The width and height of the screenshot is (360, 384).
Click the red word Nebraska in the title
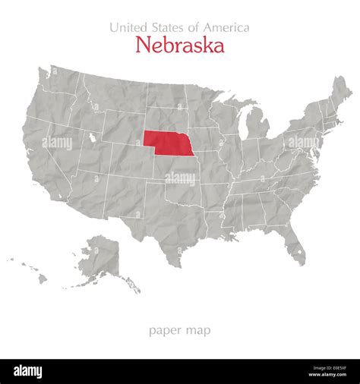coord(179,46)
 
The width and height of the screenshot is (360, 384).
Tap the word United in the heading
coord(127,27)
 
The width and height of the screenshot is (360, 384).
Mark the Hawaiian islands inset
coord(34,271)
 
